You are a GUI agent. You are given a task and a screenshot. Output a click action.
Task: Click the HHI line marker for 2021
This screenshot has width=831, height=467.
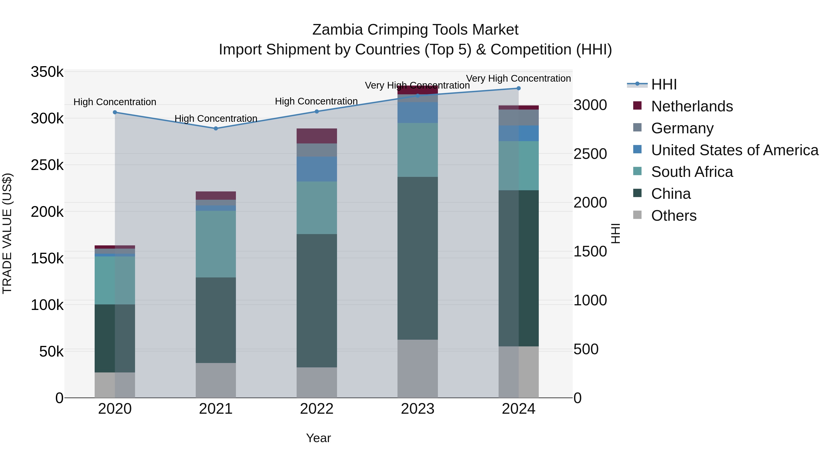(x=216, y=128)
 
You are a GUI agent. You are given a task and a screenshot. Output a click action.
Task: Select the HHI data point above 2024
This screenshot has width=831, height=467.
(x=518, y=88)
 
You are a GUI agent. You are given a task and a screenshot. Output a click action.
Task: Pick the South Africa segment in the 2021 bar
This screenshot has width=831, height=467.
(x=216, y=244)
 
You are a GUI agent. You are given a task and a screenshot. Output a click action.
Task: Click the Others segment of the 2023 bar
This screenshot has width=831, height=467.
(x=417, y=368)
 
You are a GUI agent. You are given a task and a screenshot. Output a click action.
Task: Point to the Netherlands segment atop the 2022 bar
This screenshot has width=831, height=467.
(x=316, y=136)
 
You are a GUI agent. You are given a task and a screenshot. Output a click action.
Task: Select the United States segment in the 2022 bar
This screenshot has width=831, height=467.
(x=316, y=169)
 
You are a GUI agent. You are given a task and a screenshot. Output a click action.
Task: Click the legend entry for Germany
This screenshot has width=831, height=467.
(x=682, y=128)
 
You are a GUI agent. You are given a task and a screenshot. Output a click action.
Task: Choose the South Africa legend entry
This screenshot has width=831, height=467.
(x=692, y=172)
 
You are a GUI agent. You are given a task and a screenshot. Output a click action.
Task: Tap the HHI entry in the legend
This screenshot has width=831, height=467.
(x=664, y=84)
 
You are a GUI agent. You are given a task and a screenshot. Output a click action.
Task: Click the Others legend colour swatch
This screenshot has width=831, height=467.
(x=637, y=215)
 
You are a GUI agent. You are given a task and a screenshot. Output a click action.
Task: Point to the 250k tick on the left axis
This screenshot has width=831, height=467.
(x=47, y=165)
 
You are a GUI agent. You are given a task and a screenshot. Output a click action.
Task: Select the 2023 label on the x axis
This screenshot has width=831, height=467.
(x=417, y=409)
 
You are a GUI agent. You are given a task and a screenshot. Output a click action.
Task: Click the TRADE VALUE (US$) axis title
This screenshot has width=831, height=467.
(x=7, y=233)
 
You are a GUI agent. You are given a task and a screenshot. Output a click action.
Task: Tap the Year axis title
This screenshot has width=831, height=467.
(x=318, y=438)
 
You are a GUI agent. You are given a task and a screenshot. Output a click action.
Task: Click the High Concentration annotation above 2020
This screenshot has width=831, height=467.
(x=115, y=102)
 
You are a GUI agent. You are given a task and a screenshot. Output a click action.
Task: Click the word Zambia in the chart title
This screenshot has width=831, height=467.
(x=338, y=30)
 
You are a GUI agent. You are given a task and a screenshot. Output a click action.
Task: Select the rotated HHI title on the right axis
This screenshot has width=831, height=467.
(x=615, y=233)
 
